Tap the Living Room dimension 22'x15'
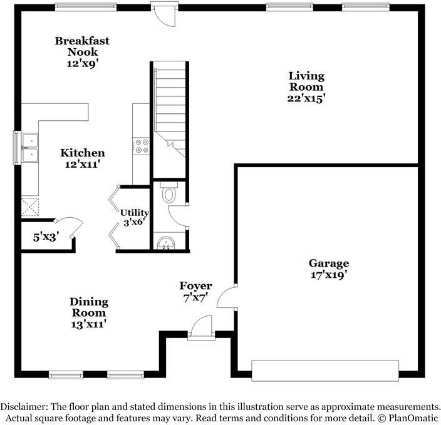(x=306, y=98)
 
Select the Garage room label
(x=329, y=264)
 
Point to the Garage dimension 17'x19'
(x=329, y=274)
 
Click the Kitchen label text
(x=82, y=153)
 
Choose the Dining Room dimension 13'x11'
(x=88, y=324)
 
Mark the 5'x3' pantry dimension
(x=45, y=237)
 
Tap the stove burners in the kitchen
(x=141, y=146)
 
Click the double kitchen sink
(x=29, y=147)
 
